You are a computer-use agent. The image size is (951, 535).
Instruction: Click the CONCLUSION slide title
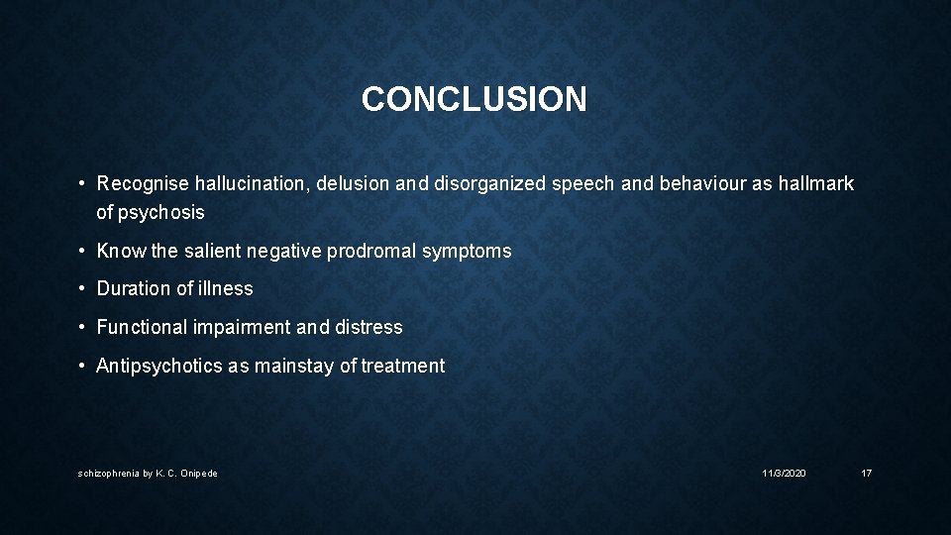[474, 99]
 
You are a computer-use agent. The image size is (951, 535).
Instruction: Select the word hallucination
[250, 184]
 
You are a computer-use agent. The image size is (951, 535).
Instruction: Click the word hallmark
[817, 184]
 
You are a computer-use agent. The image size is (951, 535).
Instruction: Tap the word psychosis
[161, 212]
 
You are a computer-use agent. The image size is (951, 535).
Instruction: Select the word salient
[212, 251]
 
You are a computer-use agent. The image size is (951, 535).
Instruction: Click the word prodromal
[372, 251]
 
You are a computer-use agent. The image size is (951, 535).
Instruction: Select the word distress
[370, 327]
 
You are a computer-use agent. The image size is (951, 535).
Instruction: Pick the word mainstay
[295, 367]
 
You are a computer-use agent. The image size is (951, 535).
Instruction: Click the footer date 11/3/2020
[784, 474]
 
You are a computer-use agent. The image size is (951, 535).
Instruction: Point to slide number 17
[867, 474]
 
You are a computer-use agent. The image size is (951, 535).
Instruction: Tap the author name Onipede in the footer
[198, 474]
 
